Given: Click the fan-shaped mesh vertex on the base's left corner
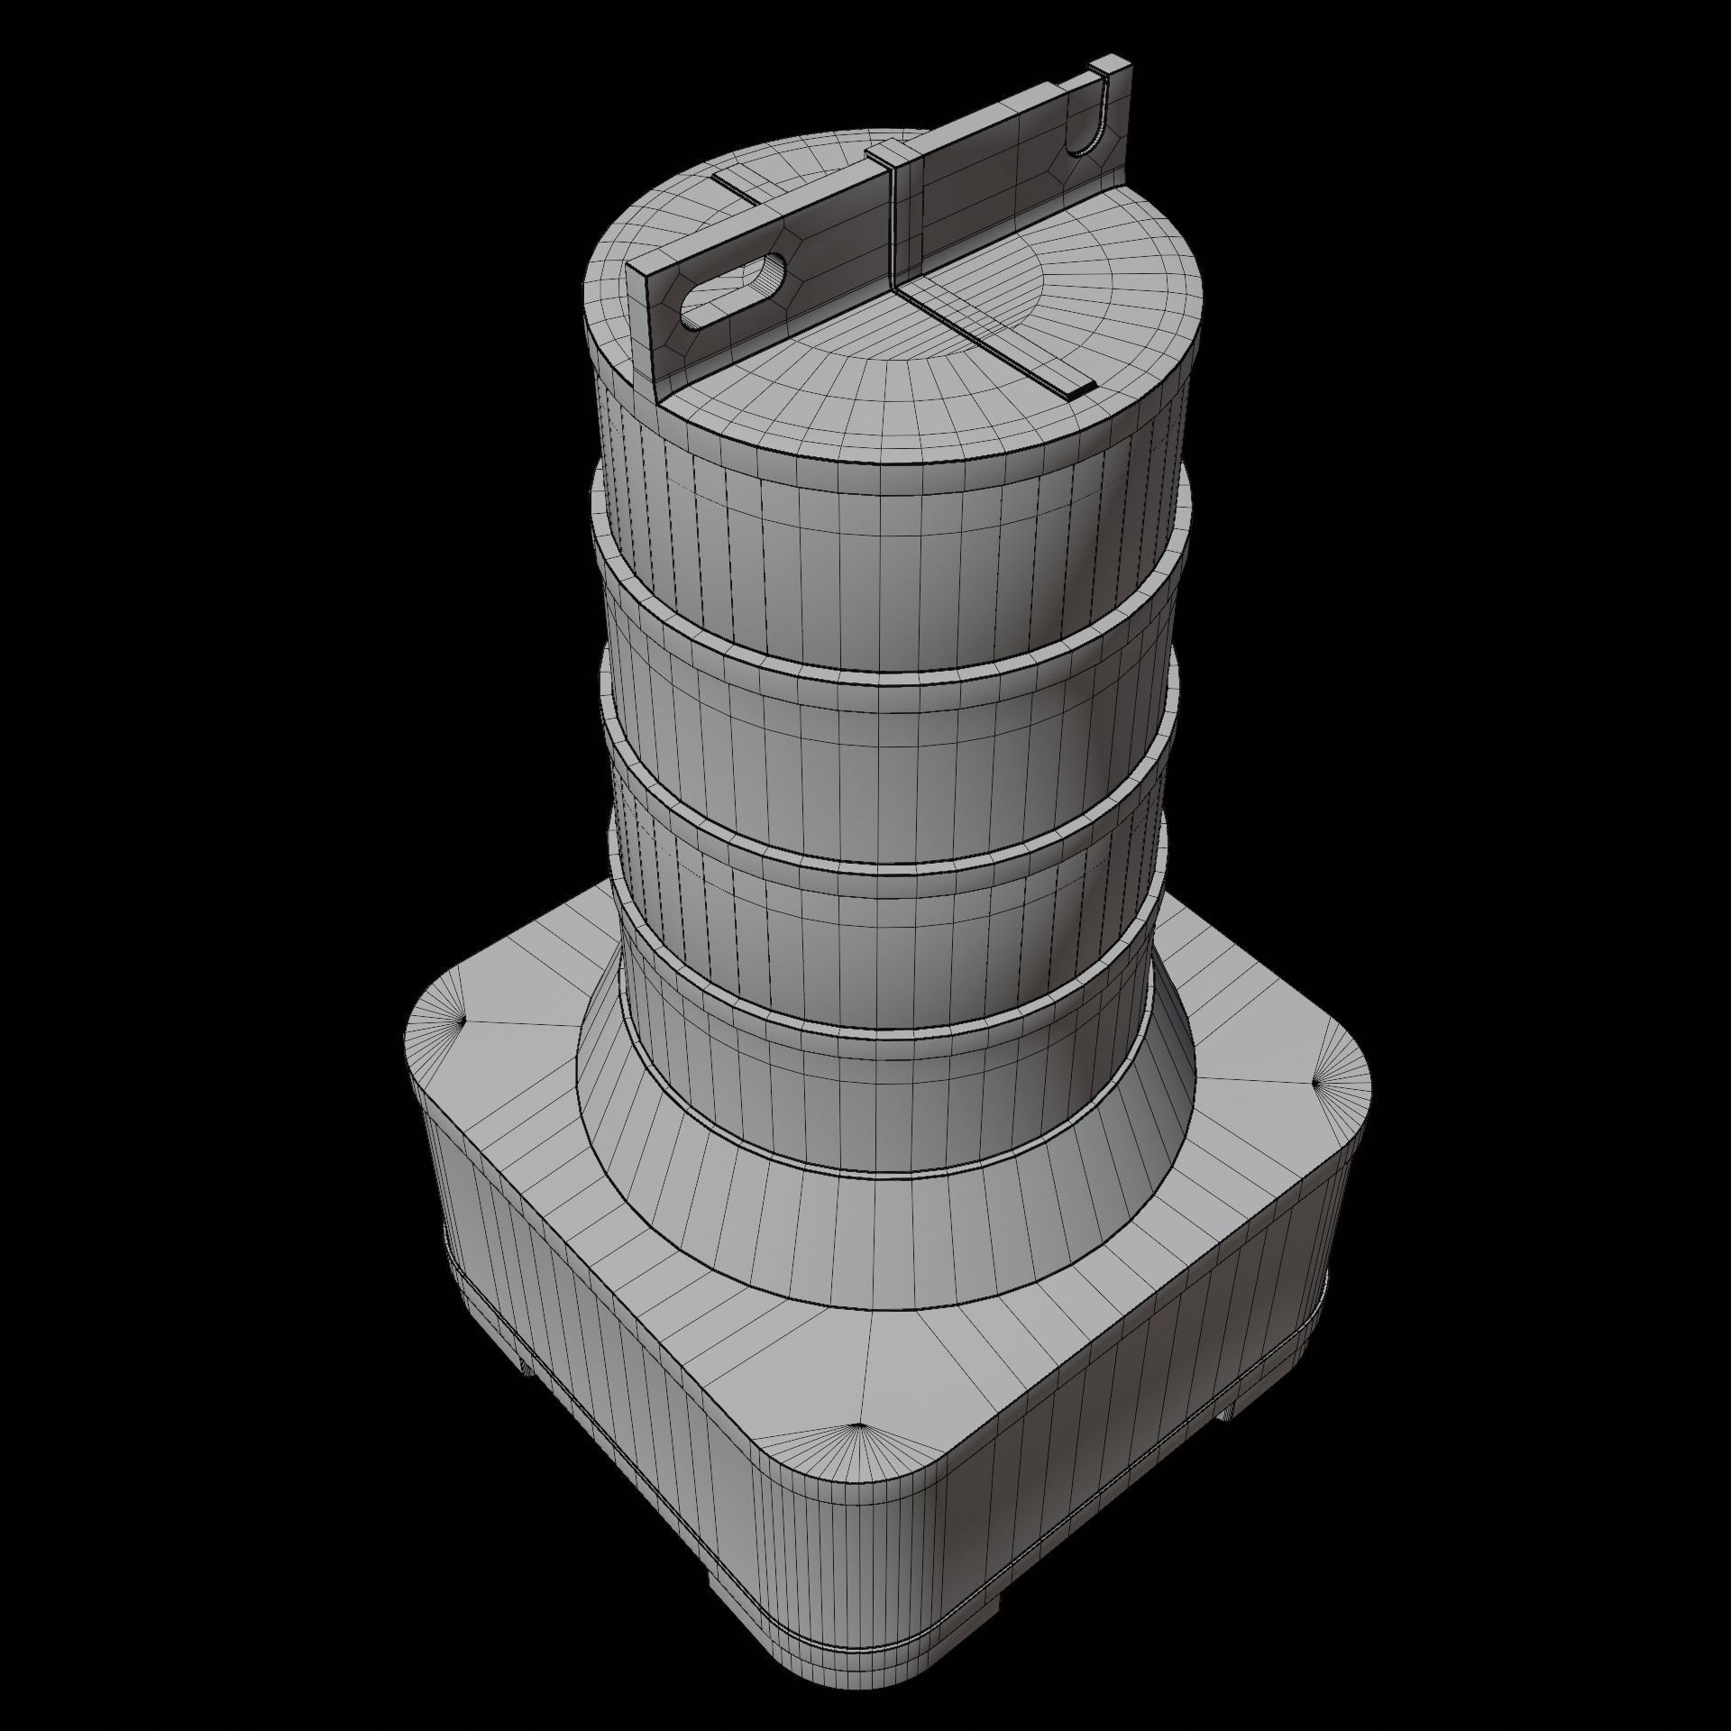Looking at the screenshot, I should pyautogui.click(x=462, y=1021).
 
